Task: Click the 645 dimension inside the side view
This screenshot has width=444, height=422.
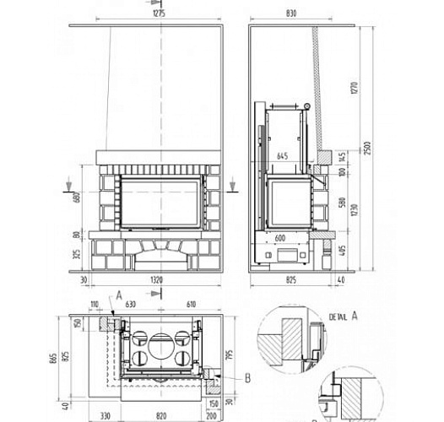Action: tap(283, 154)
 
